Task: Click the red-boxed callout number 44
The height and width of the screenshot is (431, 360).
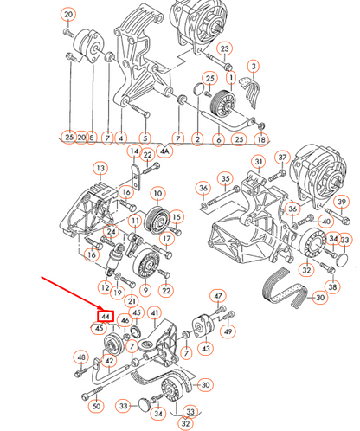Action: (106, 317)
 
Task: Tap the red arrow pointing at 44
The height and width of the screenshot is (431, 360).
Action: (72, 293)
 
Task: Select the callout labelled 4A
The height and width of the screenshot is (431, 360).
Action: (164, 151)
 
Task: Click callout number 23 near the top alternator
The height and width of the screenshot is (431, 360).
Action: (225, 49)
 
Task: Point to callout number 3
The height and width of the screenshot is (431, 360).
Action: (254, 66)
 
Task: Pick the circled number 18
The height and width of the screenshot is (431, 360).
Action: (261, 139)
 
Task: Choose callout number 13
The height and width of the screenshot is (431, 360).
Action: (100, 168)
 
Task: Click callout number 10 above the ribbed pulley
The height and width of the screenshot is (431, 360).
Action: (157, 193)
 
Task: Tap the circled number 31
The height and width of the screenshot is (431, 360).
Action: (259, 162)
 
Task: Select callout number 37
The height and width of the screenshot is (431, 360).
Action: (282, 158)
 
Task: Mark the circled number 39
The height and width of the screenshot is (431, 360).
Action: (342, 202)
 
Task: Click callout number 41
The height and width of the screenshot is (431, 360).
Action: (155, 313)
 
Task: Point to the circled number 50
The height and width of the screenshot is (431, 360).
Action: (96, 406)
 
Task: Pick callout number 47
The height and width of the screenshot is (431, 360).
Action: (218, 296)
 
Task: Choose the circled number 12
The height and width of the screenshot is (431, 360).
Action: (106, 287)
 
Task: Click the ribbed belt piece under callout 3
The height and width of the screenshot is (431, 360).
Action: (250, 92)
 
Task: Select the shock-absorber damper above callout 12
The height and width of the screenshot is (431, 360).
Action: (114, 259)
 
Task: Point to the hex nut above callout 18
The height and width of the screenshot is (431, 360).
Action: (261, 125)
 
